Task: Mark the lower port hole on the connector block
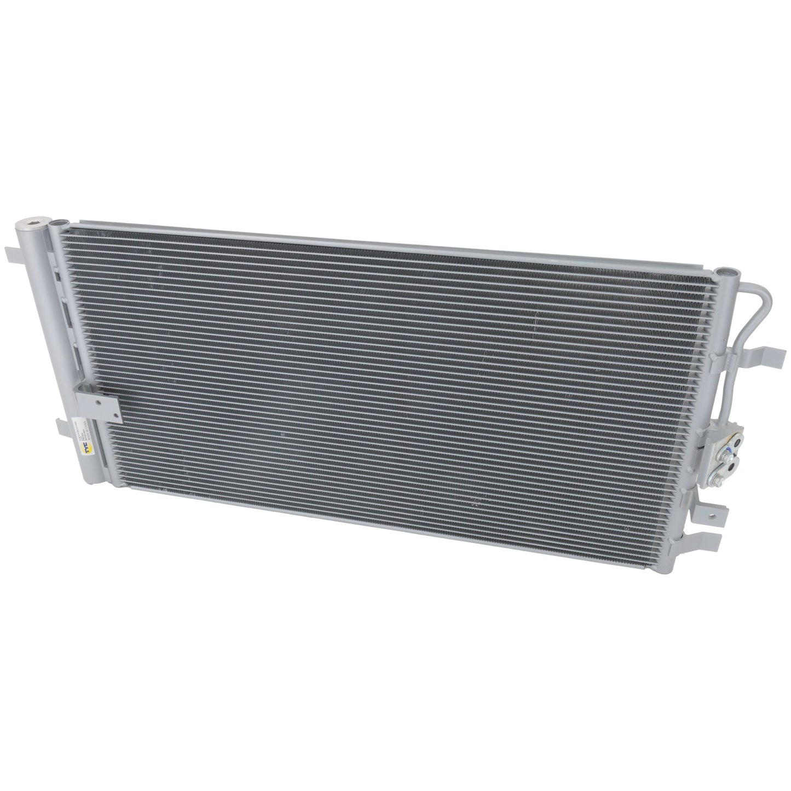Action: tap(732, 466)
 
